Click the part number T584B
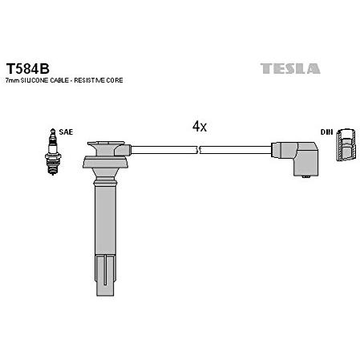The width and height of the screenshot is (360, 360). coord(28,69)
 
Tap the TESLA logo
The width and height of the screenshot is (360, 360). coord(290,68)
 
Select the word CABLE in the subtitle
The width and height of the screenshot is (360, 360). coord(59,80)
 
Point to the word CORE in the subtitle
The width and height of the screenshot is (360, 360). coord(115,80)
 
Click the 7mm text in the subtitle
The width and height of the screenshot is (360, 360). coord(12,80)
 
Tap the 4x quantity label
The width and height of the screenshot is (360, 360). coord(200,126)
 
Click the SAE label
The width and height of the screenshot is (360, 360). coord(66,131)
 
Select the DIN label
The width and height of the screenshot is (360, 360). coord(326,131)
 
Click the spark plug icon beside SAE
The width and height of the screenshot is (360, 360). coord(53,152)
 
